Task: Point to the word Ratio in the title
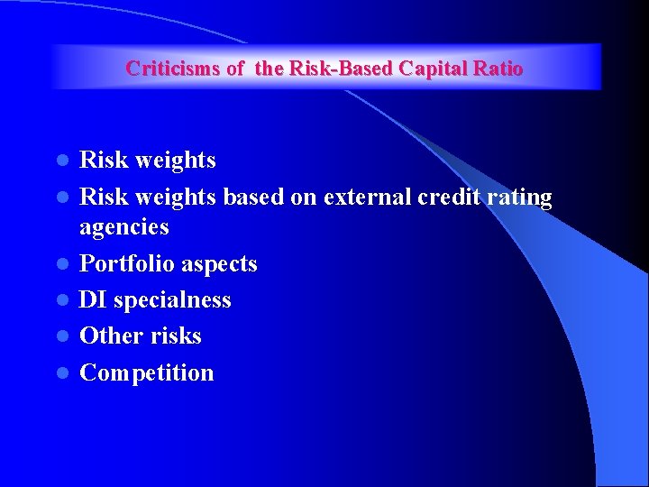click(x=498, y=69)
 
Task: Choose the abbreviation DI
click(x=93, y=299)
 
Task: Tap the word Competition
click(x=147, y=373)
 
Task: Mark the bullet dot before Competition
click(x=62, y=373)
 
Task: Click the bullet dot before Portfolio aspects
click(x=62, y=264)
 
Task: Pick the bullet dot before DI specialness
click(x=62, y=300)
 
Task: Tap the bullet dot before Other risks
click(x=62, y=336)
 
